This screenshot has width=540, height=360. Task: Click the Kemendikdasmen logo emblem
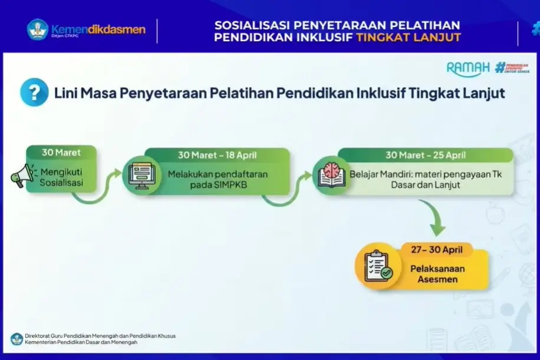(x=37, y=30)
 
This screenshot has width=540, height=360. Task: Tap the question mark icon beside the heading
(x=34, y=93)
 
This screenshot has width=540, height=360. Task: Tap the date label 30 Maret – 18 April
(x=217, y=156)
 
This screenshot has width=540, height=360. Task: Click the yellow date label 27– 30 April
(x=433, y=249)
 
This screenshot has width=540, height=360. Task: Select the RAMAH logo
(x=468, y=68)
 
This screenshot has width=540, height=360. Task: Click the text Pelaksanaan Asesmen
(x=437, y=274)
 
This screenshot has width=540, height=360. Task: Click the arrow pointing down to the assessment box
(x=437, y=224)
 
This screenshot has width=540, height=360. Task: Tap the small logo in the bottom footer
(x=16, y=339)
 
